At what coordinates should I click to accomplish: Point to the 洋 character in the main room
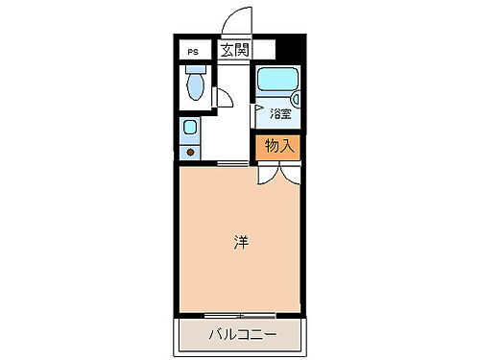point(240,244)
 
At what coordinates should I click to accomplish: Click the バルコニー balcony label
point(242,335)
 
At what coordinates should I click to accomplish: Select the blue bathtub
point(278,86)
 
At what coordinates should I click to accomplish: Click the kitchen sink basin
point(190,128)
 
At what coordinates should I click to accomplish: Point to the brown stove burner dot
point(190,152)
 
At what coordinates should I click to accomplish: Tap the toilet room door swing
point(220,96)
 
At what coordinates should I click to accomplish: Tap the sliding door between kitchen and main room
point(230,164)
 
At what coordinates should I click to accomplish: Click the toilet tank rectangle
point(196,71)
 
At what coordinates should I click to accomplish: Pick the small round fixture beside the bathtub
point(296,97)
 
